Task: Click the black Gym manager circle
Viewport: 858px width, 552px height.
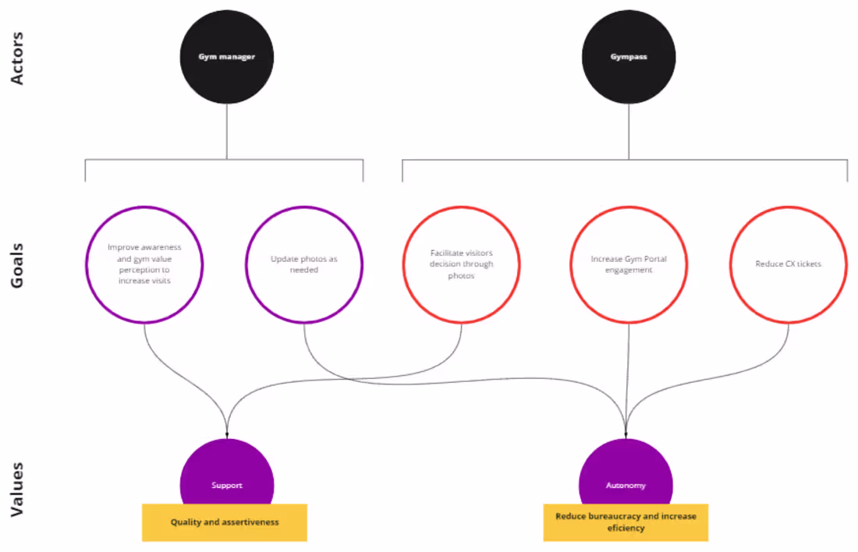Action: point(226,57)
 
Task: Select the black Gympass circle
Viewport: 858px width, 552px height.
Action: point(629,57)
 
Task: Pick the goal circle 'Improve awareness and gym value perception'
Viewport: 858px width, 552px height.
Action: point(144,264)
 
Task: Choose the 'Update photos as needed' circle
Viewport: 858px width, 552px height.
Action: point(304,264)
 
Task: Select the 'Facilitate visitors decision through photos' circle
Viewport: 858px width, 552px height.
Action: point(461,264)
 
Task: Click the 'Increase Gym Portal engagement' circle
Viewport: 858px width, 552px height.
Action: point(629,264)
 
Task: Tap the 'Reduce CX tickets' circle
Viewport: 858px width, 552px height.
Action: point(788,264)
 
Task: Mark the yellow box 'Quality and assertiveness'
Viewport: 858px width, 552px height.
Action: point(225,522)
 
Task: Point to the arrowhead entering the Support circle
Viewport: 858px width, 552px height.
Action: point(227,433)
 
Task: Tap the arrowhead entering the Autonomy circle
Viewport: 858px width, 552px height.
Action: point(626,433)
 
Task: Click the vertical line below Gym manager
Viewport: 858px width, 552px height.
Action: point(226,133)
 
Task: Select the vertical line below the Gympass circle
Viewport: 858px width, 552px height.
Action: point(629,133)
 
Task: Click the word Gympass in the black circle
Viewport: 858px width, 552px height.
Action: point(629,57)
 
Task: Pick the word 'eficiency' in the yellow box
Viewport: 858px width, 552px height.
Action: point(626,528)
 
